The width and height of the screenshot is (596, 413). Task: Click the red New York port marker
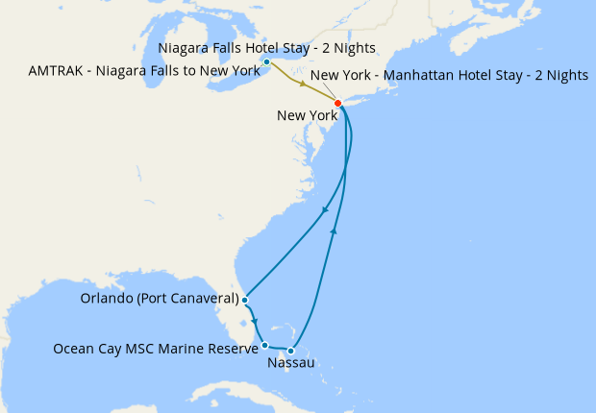tap(337, 103)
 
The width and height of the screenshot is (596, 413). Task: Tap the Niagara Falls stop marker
tap(266, 62)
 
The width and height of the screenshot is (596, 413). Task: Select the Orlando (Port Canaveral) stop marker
tap(245, 301)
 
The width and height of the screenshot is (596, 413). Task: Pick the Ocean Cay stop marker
tap(264, 344)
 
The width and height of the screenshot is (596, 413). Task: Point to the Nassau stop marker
tap(291, 351)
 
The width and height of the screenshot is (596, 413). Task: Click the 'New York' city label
tap(306, 116)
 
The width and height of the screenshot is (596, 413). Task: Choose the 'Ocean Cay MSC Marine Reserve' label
tap(156, 348)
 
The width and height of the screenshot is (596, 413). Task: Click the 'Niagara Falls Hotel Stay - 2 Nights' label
tap(265, 48)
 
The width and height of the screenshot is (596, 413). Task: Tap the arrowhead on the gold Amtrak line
tap(304, 85)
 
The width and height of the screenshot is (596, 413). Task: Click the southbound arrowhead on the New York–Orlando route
tap(326, 211)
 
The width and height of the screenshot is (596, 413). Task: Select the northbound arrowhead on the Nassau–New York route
tap(335, 231)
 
